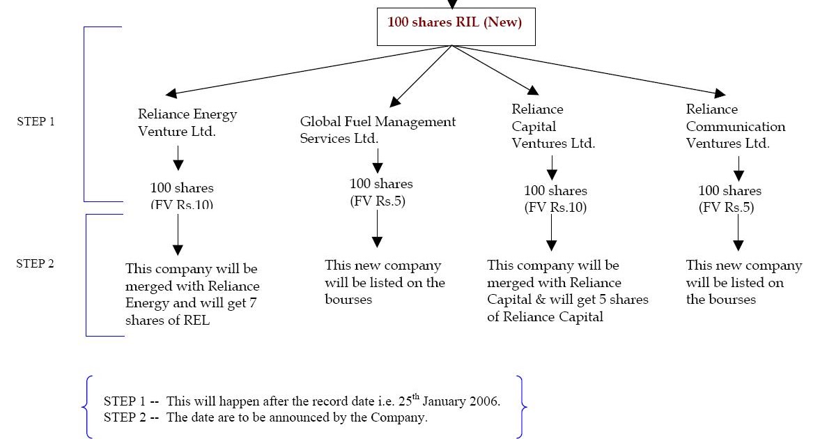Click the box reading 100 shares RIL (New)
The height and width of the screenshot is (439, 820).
coord(454,22)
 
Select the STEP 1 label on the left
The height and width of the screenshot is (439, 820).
coord(36,121)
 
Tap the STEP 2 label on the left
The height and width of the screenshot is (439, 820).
coord(36,263)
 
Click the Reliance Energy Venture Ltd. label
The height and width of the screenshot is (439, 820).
coord(187,123)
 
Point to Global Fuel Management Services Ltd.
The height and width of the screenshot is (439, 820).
coord(378,130)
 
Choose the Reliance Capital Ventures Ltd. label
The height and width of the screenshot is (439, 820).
coord(553,126)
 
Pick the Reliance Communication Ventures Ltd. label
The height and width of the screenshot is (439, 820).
coord(735,126)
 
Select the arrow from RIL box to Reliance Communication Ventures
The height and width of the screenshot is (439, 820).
coord(589,70)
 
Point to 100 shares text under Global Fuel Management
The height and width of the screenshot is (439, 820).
coord(381,184)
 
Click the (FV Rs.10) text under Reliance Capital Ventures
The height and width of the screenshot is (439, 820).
coord(555,207)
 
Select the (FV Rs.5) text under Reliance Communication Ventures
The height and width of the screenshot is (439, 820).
coord(726,207)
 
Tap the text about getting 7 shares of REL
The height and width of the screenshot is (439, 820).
coord(192,294)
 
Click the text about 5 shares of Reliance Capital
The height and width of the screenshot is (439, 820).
coord(567,291)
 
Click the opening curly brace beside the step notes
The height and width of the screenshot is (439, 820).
coord(86,407)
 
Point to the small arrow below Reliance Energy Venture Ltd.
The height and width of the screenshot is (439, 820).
coord(178,158)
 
